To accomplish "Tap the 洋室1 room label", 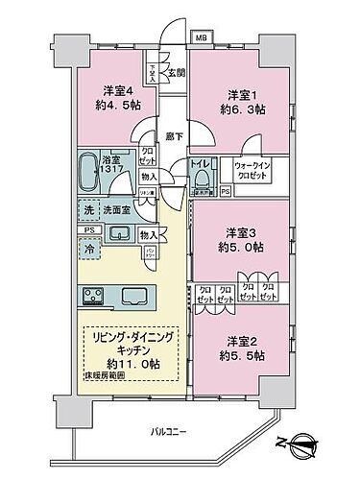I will (240, 94).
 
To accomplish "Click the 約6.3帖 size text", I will (240, 108).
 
